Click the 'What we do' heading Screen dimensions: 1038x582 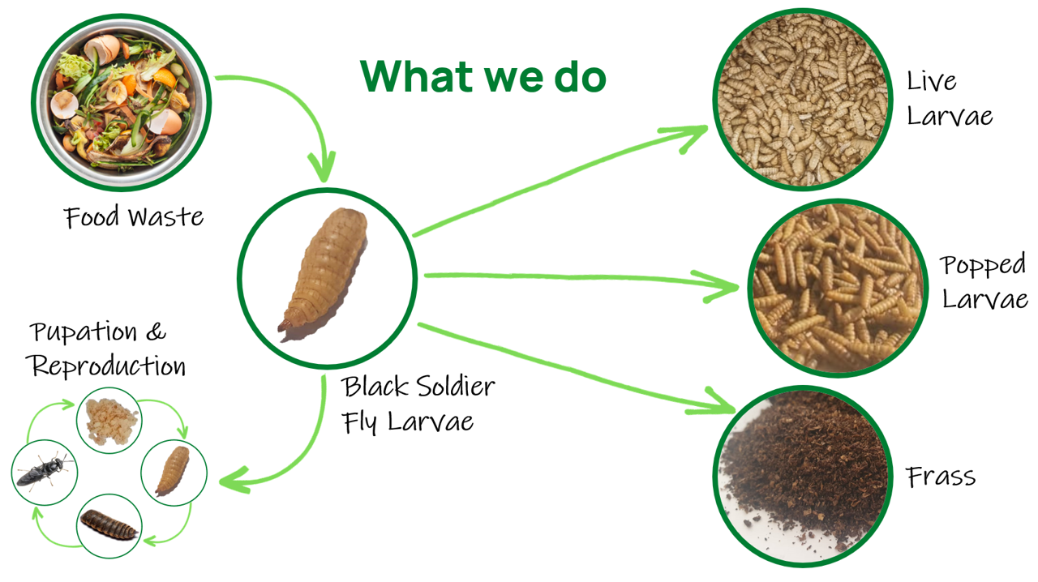(x=483, y=76)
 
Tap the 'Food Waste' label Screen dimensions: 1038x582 (x=134, y=216)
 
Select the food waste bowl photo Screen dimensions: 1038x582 (x=122, y=102)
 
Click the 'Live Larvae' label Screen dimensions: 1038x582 (x=950, y=98)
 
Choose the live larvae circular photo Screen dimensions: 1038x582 (x=803, y=99)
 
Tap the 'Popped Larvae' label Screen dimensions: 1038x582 (x=984, y=281)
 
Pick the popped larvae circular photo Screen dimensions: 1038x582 (x=838, y=289)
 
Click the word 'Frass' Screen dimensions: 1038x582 (x=941, y=477)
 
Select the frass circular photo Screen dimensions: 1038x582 (x=803, y=477)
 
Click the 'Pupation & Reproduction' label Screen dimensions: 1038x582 (x=106, y=349)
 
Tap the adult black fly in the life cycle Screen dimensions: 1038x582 (x=45, y=472)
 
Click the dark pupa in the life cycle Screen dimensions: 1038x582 (x=109, y=525)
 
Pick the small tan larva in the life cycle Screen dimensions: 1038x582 (x=173, y=471)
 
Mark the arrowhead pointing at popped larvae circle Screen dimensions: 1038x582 (x=719, y=286)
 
